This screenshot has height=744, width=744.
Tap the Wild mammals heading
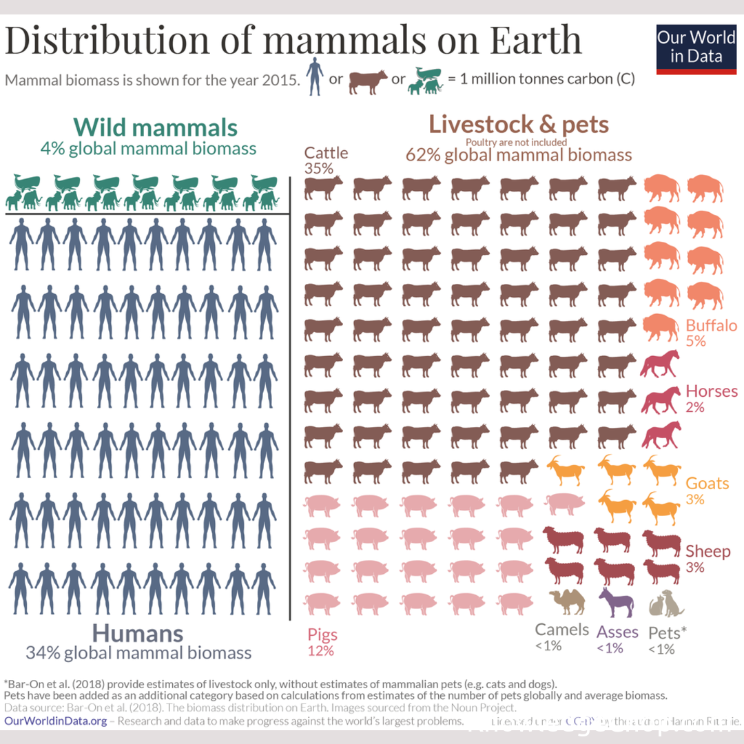tap(156, 127)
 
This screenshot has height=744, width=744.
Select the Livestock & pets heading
tap(518, 125)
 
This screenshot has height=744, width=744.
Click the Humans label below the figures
tap(138, 633)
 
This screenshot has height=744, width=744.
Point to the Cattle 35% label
tap(327, 160)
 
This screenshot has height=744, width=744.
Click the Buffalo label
tap(711, 326)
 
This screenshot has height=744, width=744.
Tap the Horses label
tap(712, 392)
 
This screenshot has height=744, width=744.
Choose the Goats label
tap(707, 484)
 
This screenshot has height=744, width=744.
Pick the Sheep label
tap(707, 551)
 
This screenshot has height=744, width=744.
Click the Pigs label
tap(322, 634)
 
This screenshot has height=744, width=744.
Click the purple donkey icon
tap(615, 602)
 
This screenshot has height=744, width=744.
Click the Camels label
tap(562, 630)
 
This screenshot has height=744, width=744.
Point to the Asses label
tap(617, 631)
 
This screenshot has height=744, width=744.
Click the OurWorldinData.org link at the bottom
tap(56, 721)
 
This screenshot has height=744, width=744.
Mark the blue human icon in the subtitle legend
tap(314, 77)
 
